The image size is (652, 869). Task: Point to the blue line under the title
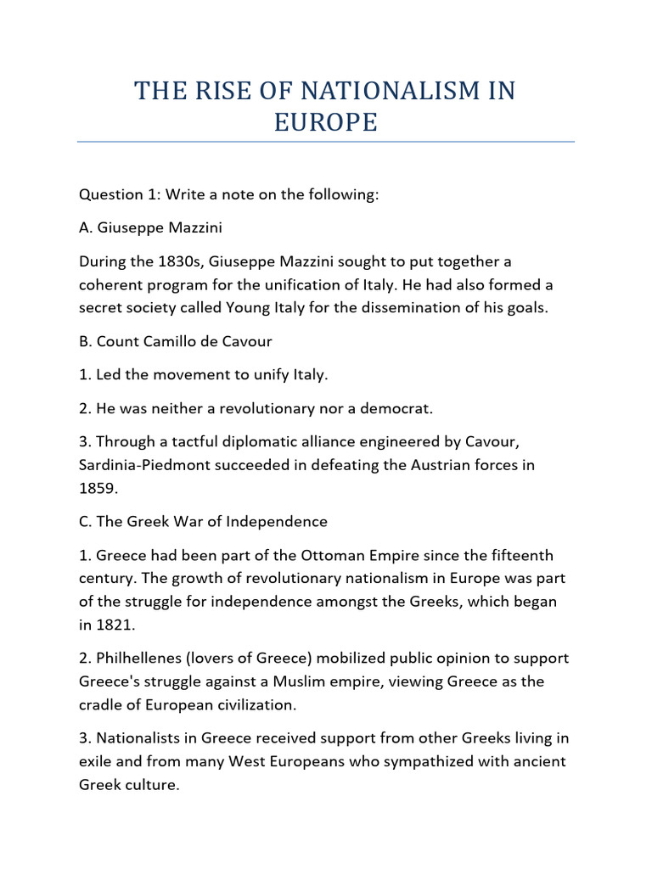(326, 142)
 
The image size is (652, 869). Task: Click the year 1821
(115, 625)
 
